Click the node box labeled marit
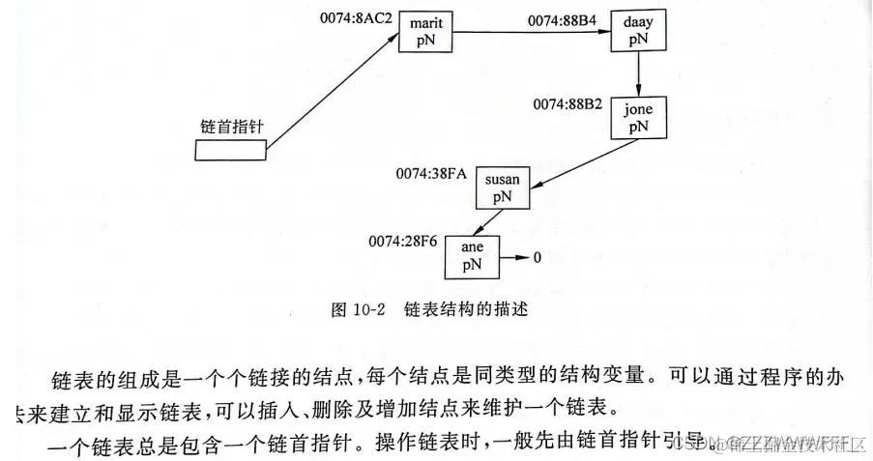425,32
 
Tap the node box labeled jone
638,117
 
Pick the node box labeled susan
503,187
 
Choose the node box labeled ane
474,254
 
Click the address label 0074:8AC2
356,16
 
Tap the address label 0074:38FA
431,173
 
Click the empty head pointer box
229,151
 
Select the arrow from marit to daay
532,33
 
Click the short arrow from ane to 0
512,259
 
